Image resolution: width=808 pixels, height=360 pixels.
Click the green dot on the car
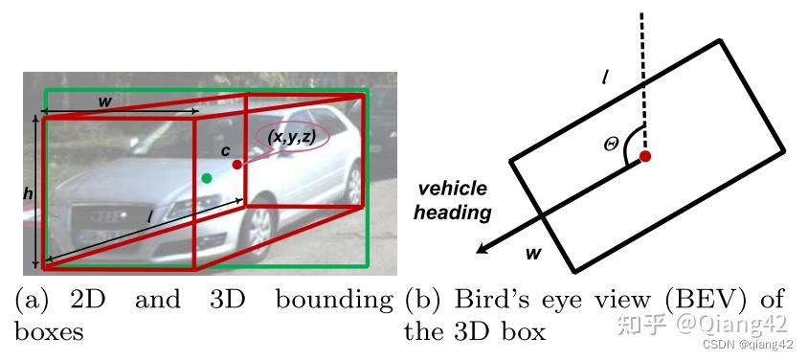(207, 177)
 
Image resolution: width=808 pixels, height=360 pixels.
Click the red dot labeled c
(237, 165)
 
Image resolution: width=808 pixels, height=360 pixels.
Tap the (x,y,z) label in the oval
(292, 137)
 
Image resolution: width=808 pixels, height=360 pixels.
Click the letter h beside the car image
(28, 192)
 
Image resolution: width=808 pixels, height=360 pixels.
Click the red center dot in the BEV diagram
(646, 156)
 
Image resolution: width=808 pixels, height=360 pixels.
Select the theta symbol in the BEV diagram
(612, 144)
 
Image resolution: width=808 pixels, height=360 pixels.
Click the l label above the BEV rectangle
(605, 75)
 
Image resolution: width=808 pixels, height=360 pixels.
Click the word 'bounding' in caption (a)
(334, 300)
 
